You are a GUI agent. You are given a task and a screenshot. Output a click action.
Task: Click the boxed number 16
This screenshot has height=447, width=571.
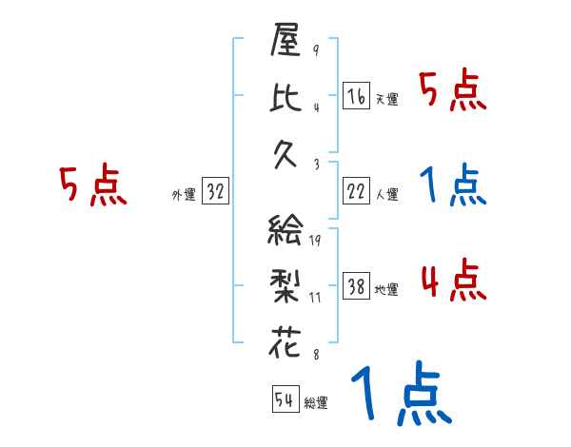point(355,97)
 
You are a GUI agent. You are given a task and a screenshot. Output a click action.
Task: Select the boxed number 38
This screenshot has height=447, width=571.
point(355,287)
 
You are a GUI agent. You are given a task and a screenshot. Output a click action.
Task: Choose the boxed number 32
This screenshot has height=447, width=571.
point(215,192)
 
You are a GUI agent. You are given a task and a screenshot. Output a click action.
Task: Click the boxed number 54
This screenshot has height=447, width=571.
point(284,398)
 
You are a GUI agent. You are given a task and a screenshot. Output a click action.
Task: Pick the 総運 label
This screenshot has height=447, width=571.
point(315,402)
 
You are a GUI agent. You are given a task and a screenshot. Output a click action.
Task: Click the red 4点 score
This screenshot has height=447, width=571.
point(451,282)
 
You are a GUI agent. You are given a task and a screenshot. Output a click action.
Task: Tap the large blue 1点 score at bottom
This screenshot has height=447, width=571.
point(399,395)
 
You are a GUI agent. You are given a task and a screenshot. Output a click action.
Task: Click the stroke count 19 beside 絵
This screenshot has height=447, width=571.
point(315,241)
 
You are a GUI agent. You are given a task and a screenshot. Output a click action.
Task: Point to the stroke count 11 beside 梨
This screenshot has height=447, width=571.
point(315,298)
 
